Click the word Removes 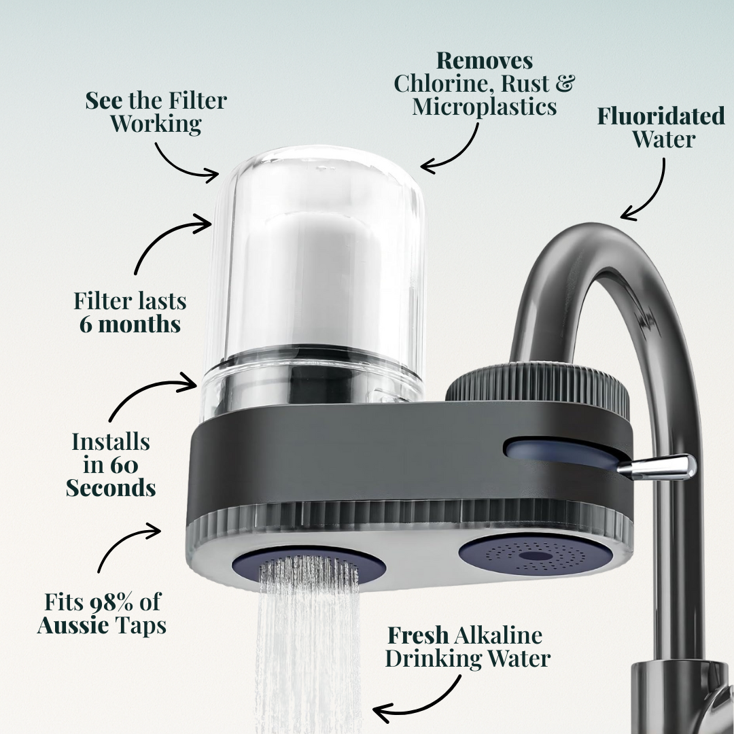click(484, 60)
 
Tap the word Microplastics click(484, 107)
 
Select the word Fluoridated click(661, 116)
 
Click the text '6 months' click(130, 324)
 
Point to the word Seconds click(111, 487)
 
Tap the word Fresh click(417, 635)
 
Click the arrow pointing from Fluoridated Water click(650, 190)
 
